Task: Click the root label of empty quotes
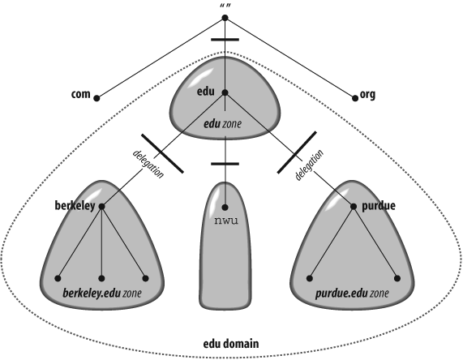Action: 225,7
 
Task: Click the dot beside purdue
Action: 354,207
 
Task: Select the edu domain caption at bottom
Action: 230,344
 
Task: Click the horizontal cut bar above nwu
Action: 225,165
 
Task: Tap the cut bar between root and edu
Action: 225,39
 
